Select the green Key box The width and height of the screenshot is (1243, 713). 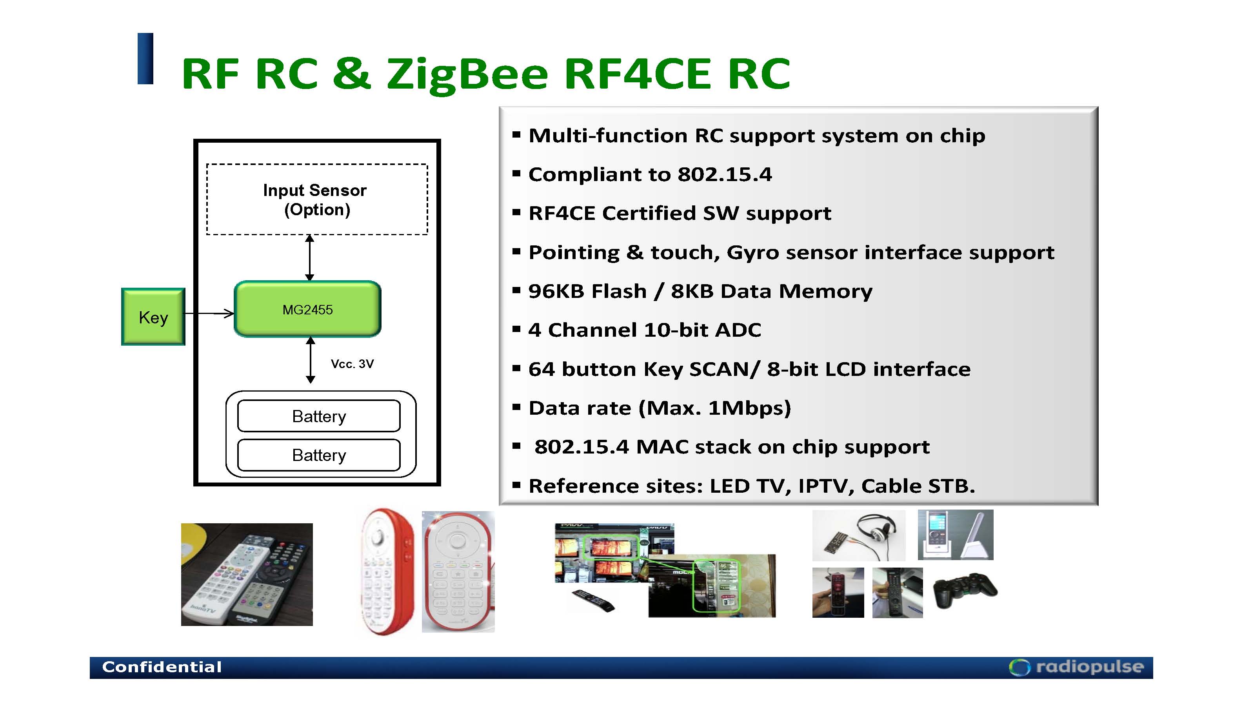click(153, 317)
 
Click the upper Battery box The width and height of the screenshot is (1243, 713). click(319, 416)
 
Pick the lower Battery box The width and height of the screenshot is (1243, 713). click(319, 455)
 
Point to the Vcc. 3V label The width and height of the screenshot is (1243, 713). click(352, 364)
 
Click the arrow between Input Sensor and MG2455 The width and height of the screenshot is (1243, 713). click(309, 258)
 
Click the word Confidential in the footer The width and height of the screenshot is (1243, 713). click(162, 667)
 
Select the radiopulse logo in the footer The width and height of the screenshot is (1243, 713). click(1076, 667)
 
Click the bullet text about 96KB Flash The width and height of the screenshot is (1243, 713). click(700, 291)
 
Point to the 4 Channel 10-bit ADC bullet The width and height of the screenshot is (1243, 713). click(645, 330)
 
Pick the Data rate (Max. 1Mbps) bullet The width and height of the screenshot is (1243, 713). click(659, 408)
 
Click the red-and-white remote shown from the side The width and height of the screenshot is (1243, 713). click(387, 571)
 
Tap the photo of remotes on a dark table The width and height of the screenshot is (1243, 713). click(247, 574)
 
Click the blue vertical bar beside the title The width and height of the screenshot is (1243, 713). click(145, 59)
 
